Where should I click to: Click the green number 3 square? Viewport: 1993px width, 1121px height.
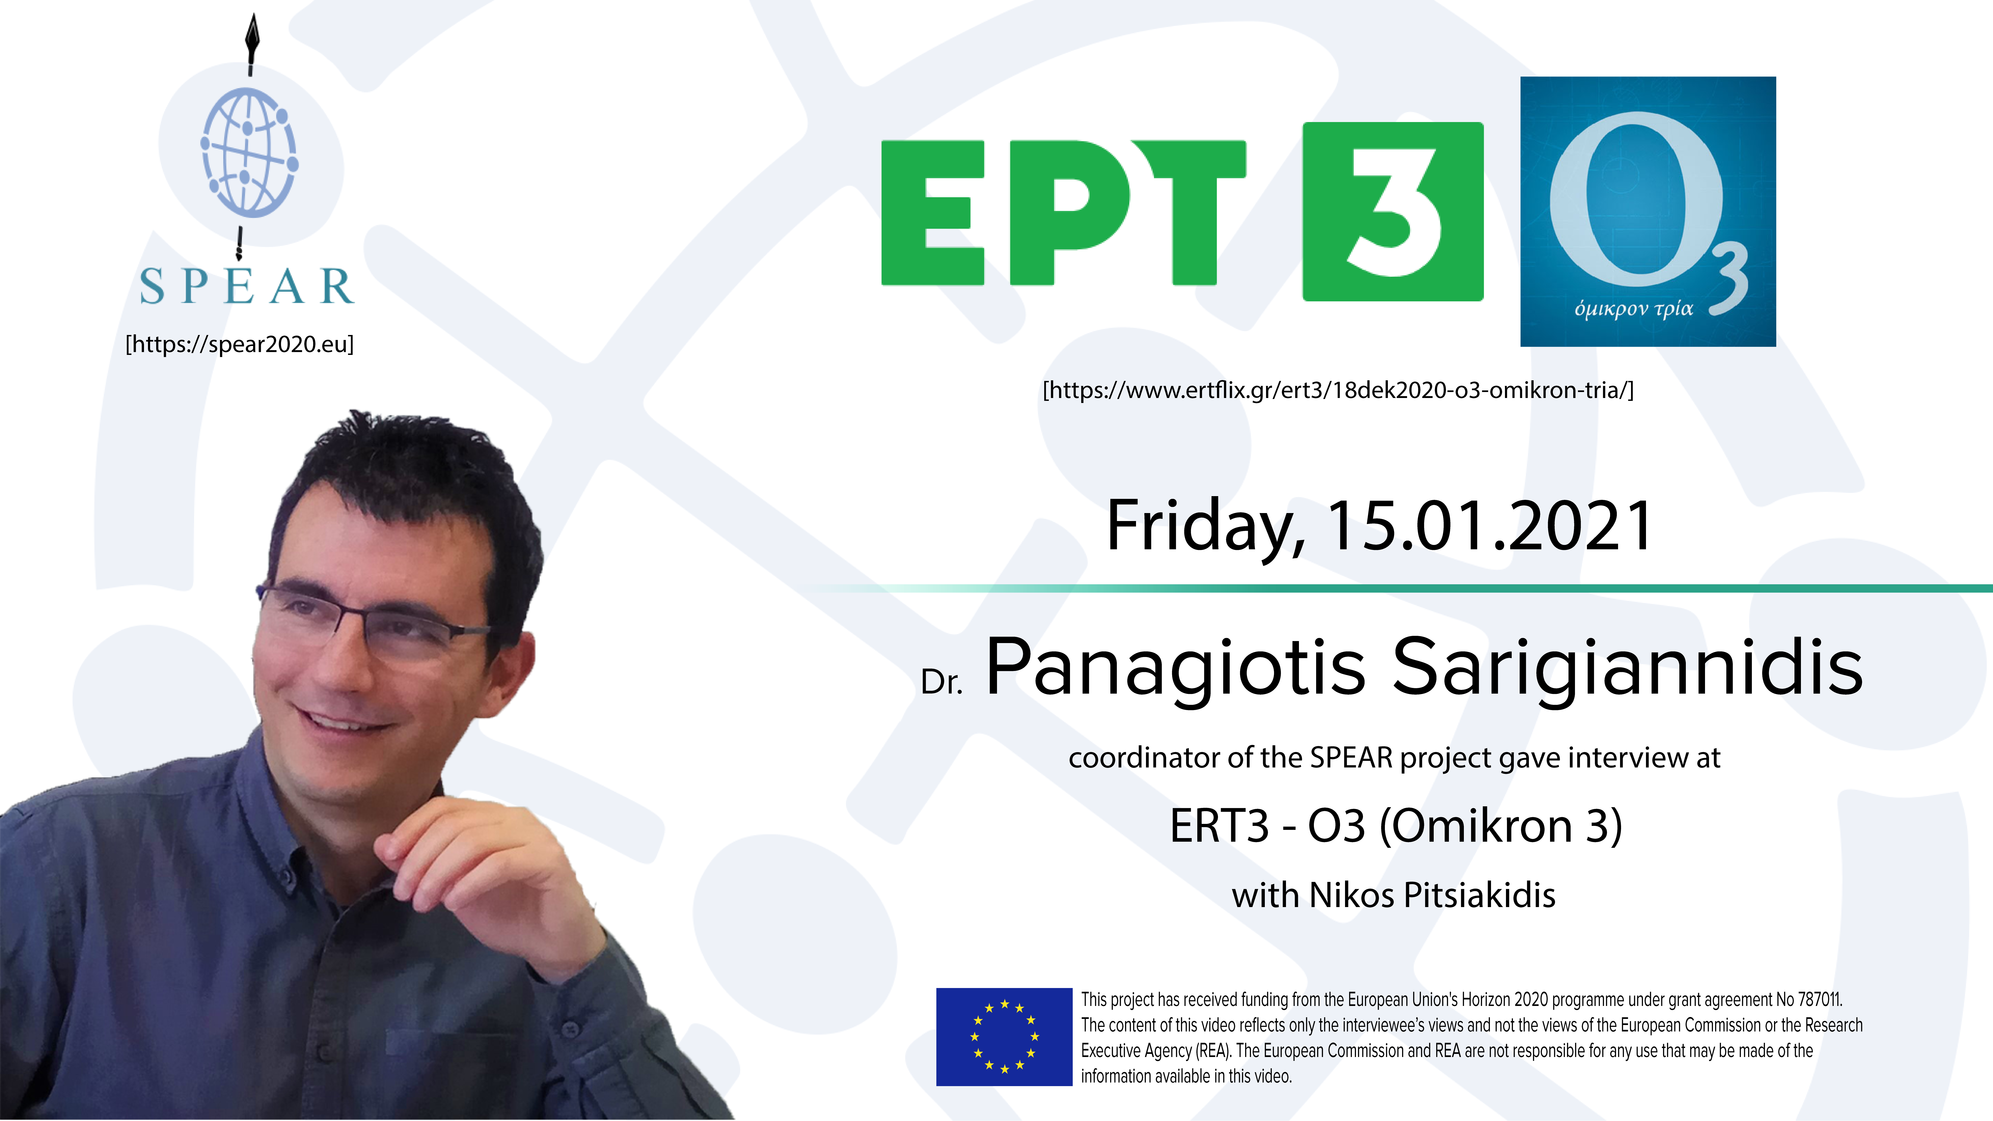(x=1393, y=211)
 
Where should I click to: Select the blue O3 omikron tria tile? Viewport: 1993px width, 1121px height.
(x=1648, y=211)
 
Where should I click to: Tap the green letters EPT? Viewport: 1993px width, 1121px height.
(x=1064, y=213)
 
